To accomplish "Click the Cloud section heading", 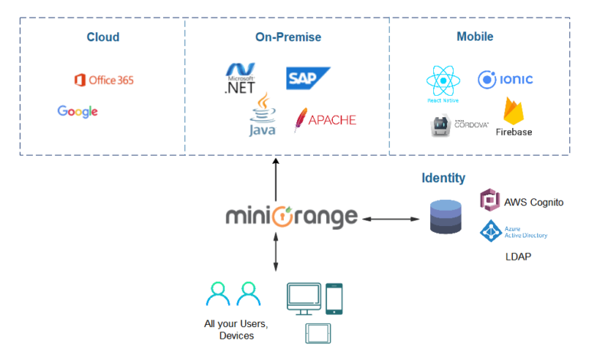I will (x=103, y=37).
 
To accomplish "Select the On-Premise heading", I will (x=288, y=37).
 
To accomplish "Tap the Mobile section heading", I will (x=475, y=37).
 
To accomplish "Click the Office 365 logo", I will (x=103, y=80).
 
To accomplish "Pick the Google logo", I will (x=77, y=111).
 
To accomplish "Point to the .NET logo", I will (x=240, y=78).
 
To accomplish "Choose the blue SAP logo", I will (x=308, y=78).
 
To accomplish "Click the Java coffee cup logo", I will (x=263, y=115).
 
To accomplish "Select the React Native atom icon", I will (x=443, y=81).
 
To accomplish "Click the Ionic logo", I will (x=505, y=80).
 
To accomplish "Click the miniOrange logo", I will (x=292, y=218).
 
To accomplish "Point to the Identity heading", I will (x=443, y=178).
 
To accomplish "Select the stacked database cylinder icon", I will (x=445, y=217).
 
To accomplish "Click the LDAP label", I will (x=518, y=256).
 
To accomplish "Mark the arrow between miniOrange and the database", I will (x=390, y=219).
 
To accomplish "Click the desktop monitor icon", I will (x=304, y=299).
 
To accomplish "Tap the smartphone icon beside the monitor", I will (x=334, y=299).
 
